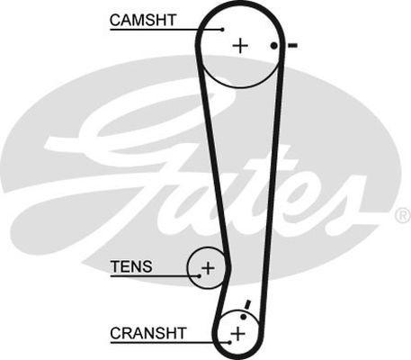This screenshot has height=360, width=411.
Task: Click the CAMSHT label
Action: pos(143,20)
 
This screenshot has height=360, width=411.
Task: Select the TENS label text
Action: pos(131,266)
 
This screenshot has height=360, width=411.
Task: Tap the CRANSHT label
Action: pos(148,333)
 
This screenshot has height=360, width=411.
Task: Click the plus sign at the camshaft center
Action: pos(240,46)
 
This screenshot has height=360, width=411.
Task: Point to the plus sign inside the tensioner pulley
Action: pos(208,268)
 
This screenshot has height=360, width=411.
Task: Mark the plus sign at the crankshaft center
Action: pos(237,334)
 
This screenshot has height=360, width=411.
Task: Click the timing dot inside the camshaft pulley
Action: pos(273,46)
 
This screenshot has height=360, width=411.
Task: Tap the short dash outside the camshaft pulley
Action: pos(292,46)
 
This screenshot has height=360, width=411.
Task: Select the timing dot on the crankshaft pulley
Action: pos(244,317)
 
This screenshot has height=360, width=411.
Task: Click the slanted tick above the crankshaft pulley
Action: pos(247,304)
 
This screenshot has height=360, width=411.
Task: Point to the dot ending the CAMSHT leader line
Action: pos(222,30)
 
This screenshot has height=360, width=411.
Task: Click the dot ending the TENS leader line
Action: pos(199,276)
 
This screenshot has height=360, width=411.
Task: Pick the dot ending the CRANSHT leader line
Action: pos(229,342)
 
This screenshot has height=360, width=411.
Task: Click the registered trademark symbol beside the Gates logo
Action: pos(404,215)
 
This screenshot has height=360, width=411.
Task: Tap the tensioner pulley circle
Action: pos(188,268)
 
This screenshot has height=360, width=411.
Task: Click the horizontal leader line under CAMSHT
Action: pos(166,30)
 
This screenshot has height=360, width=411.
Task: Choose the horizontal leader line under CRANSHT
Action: pos(170,342)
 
